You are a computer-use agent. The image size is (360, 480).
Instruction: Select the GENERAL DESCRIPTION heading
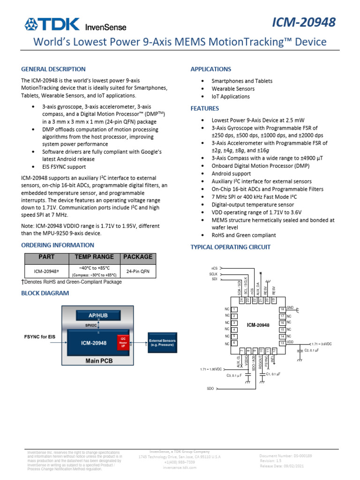click(x=53, y=69)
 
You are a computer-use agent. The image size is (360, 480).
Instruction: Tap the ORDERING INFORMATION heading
click(x=58, y=245)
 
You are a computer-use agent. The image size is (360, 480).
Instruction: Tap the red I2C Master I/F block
click(x=123, y=342)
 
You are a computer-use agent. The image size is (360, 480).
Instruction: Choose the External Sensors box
click(x=162, y=343)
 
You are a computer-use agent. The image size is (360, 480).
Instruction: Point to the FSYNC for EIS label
click(x=40, y=337)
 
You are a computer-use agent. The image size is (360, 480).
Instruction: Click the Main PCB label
click(x=97, y=361)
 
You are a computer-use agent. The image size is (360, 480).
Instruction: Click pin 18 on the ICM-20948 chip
click(x=282, y=309)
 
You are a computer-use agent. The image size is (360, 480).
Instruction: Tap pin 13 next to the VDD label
click(x=282, y=344)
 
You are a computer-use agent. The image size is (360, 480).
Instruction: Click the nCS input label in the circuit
click(x=214, y=268)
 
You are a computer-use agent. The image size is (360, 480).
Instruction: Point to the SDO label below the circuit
click(x=210, y=389)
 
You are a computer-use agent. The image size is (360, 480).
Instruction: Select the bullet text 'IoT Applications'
click(x=231, y=97)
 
